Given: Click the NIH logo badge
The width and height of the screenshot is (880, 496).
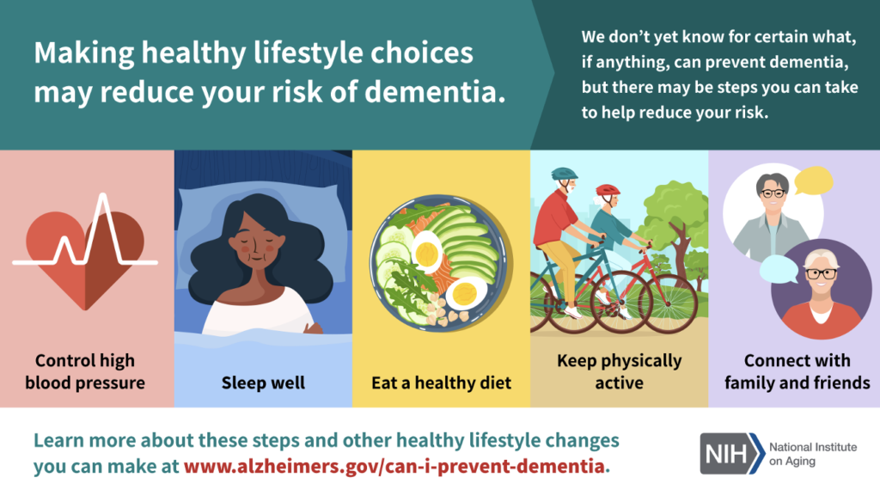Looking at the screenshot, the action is [x=732, y=453].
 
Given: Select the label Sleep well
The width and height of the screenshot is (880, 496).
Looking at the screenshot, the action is [x=263, y=383].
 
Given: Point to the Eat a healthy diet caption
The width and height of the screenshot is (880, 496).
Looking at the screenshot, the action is [x=441, y=383].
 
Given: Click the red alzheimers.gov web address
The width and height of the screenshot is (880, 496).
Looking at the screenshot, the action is [x=394, y=466].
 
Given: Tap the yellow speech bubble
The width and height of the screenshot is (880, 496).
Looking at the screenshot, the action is [x=813, y=181].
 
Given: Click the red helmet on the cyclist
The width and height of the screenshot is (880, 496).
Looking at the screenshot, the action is [x=608, y=191].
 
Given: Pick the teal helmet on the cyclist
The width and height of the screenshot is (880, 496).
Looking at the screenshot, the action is [x=564, y=174].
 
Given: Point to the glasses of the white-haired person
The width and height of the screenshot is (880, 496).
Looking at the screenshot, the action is [x=821, y=274].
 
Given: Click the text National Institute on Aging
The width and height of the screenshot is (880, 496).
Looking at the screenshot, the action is [x=813, y=454].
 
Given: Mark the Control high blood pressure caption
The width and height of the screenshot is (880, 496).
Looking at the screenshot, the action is [x=85, y=371].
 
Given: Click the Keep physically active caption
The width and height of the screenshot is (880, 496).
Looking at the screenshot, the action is [x=619, y=371].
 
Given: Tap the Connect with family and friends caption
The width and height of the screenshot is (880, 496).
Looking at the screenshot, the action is [x=797, y=371].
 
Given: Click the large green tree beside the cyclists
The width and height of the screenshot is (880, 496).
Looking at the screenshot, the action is [x=676, y=224].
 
